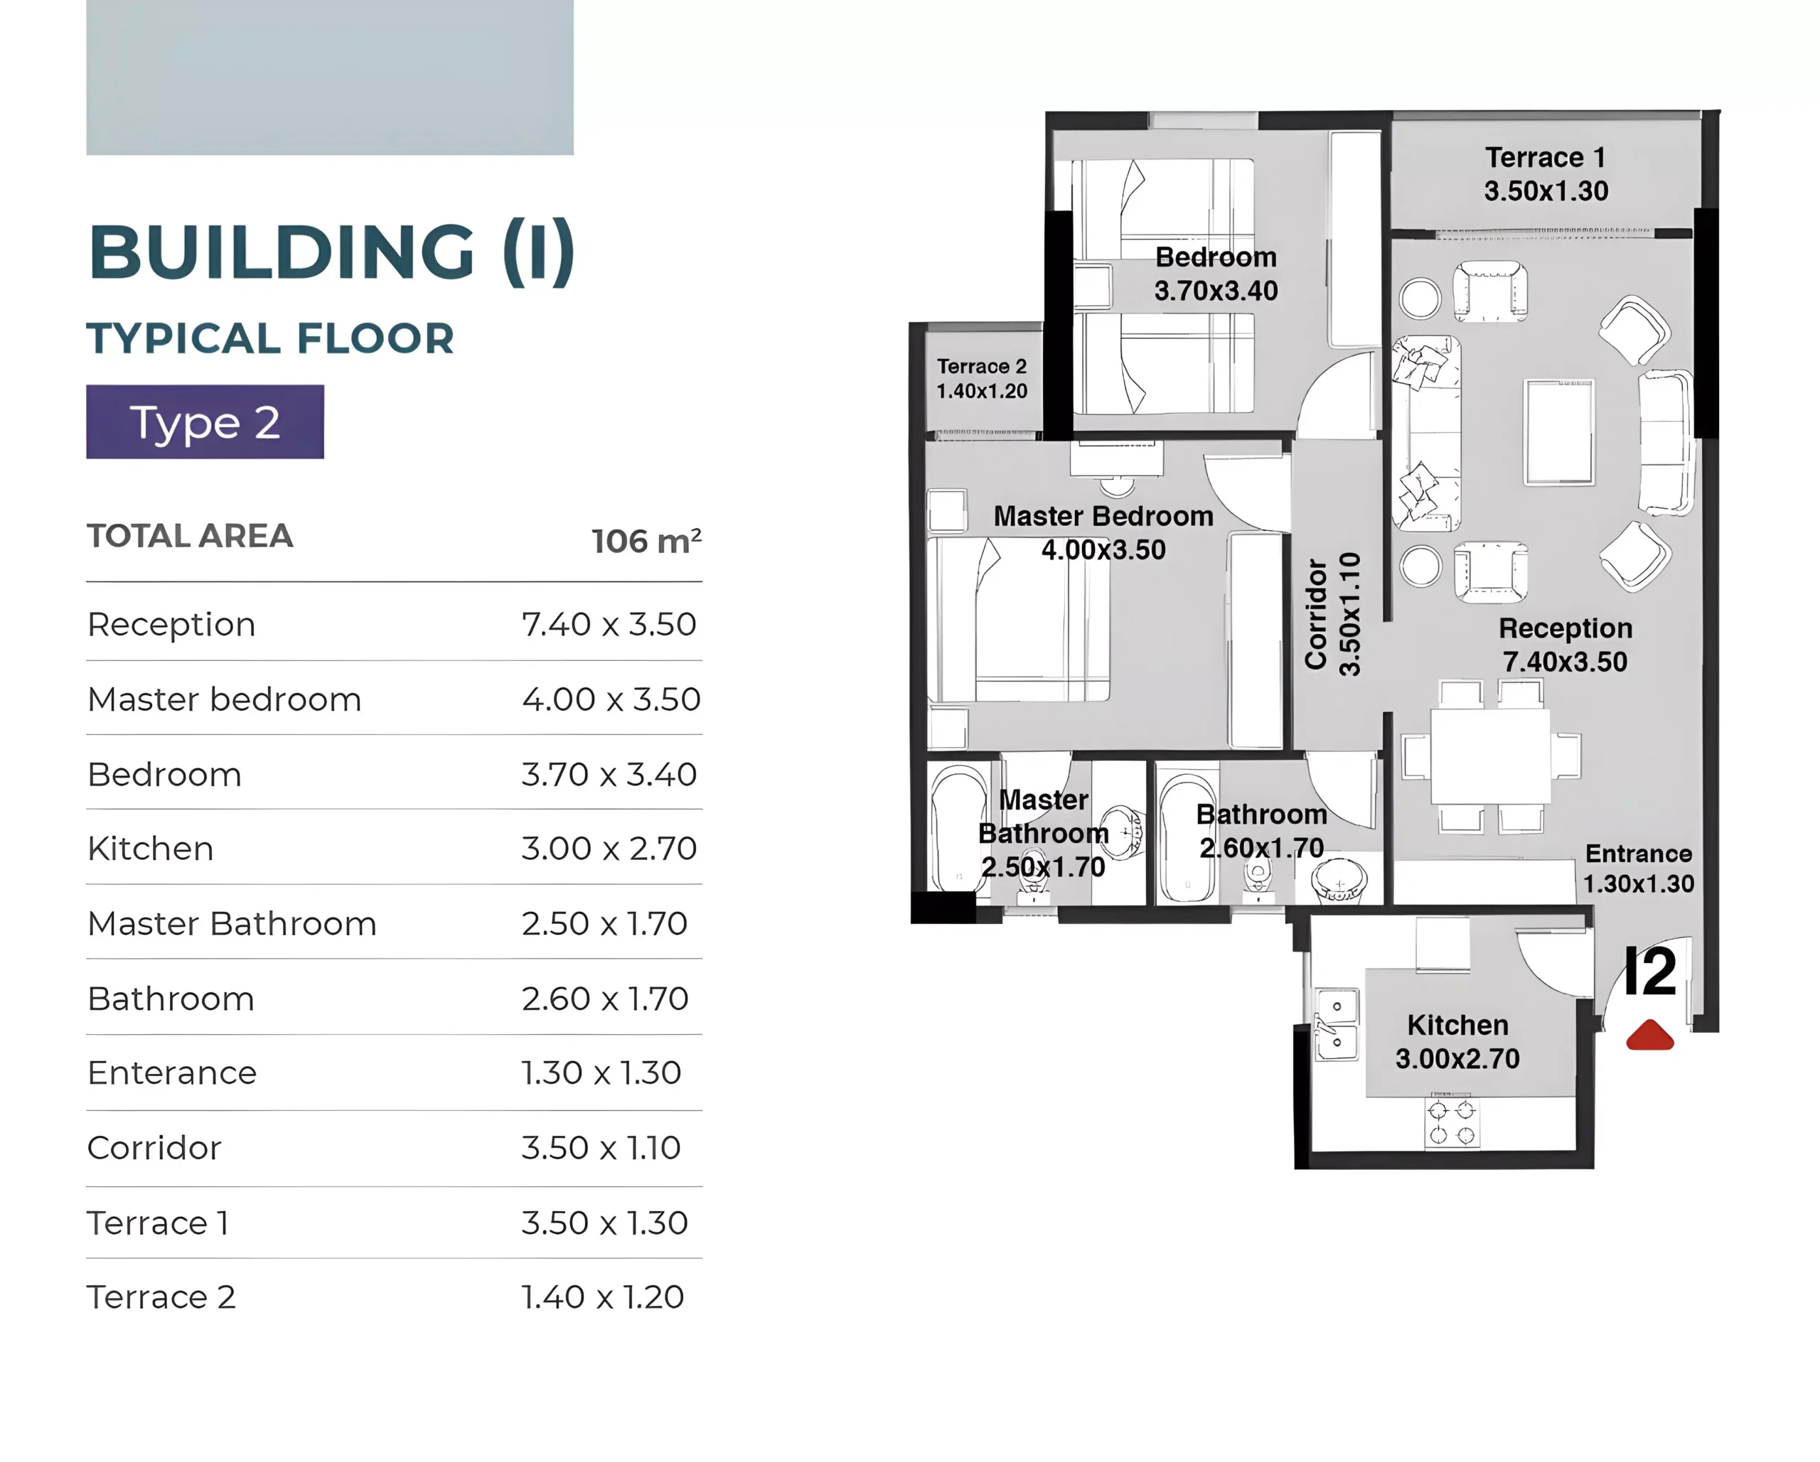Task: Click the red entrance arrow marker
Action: (1649, 1035)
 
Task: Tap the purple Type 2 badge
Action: (205, 422)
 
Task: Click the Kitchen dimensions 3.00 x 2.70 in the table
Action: (609, 849)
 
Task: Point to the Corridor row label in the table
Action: (154, 1148)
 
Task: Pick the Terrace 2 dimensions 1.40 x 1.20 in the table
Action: (603, 1297)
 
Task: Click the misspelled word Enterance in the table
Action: (172, 1073)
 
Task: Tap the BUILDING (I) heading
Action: (332, 252)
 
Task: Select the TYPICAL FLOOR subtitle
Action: (270, 338)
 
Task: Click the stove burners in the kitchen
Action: (1452, 1122)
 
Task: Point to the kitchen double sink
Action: (1337, 1024)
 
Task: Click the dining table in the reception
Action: (1491, 756)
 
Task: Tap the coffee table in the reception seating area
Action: (1559, 432)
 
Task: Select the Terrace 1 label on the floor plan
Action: (1546, 174)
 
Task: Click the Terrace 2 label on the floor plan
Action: (982, 378)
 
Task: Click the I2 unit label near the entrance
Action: (1649, 972)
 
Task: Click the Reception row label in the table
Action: (171, 625)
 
